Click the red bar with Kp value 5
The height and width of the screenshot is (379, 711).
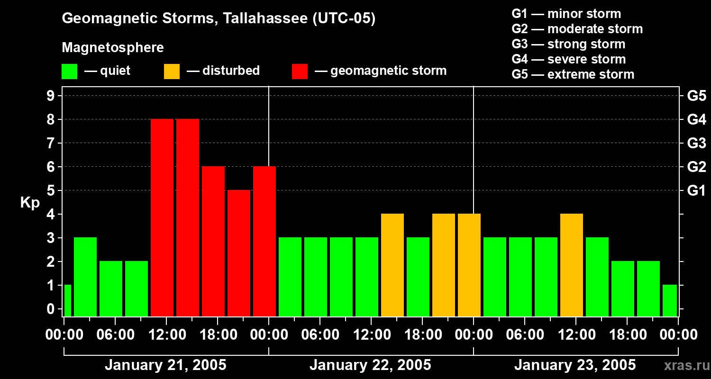(x=239, y=253)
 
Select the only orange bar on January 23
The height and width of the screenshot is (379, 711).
(x=572, y=265)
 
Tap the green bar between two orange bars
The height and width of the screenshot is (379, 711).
(x=418, y=277)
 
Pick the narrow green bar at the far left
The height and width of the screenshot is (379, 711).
(x=67, y=300)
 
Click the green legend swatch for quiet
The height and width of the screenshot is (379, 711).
(x=69, y=72)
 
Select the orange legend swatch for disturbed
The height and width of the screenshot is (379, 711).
(x=172, y=72)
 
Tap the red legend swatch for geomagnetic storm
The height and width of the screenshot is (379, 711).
(x=300, y=72)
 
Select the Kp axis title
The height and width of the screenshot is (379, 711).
(x=30, y=203)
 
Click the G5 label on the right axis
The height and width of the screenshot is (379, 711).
(x=696, y=96)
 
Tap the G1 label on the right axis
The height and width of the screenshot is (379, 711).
(x=696, y=191)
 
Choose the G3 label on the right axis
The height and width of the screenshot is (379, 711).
(x=696, y=144)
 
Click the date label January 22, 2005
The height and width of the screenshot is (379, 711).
(x=370, y=365)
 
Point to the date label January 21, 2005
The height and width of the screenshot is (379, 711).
(x=165, y=365)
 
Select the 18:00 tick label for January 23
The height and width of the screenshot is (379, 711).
(x=627, y=335)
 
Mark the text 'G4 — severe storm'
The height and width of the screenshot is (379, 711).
(x=569, y=59)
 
